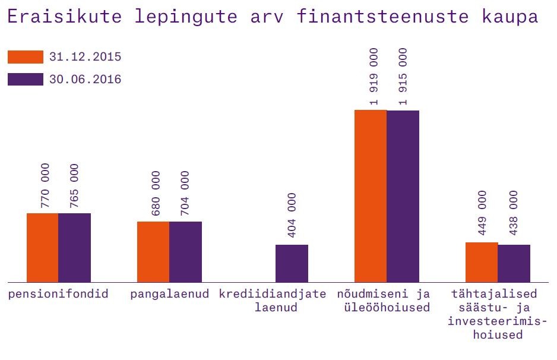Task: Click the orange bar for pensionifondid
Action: tap(42, 247)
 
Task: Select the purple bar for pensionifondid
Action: tap(74, 247)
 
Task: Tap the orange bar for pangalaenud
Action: tap(153, 251)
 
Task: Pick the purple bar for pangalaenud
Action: tap(185, 251)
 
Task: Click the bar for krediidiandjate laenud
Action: tap(292, 263)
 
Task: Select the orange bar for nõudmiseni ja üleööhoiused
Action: tap(371, 196)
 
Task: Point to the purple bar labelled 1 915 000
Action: tap(403, 196)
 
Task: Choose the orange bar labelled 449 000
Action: tap(481, 262)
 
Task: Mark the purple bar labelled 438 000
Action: tap(514, 263)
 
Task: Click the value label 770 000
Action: tap(46, 185)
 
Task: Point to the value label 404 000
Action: tap(292, 215)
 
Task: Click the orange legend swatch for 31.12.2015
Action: tap(26, 57)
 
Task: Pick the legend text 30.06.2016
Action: tap(86, 80)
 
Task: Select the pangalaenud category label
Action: tap(170, 294)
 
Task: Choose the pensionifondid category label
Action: tap(58, 294)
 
